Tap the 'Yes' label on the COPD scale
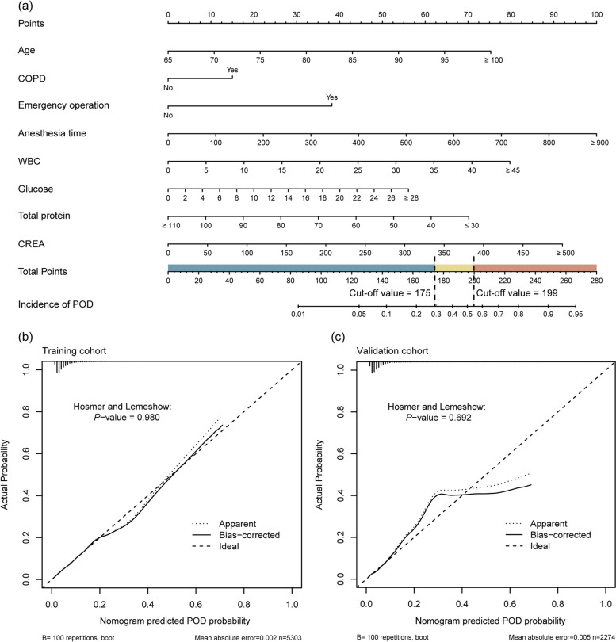click(232, 69)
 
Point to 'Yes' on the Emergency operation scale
click(331, 97)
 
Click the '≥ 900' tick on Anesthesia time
click(596, 143)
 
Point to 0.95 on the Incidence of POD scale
click(574, 315)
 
